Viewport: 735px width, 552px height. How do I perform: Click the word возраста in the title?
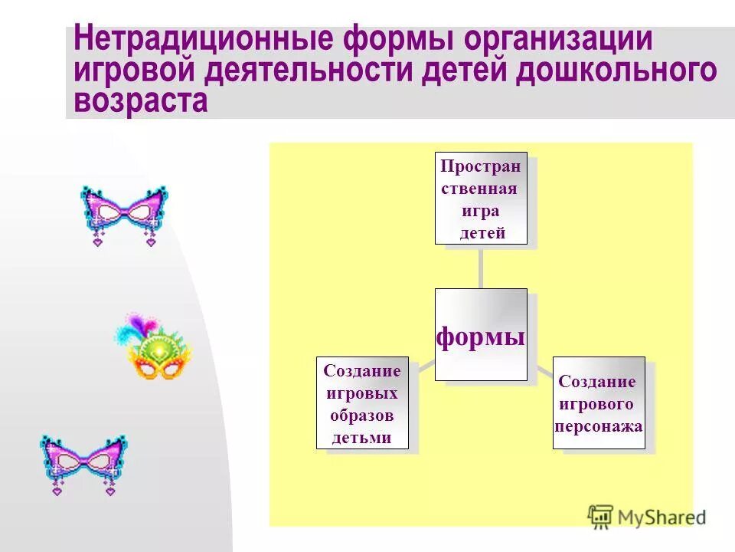[x=141, y=101]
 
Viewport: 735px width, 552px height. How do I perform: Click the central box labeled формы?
[x=481, y=335]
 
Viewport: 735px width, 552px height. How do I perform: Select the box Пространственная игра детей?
[x=481, y=199]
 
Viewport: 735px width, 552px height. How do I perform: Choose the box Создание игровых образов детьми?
[x=362, y=403]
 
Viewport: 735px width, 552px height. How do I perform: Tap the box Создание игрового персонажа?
[x=599, y=403]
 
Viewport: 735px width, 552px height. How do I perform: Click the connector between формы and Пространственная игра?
[x=481, y=266]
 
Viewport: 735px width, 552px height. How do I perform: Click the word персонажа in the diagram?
[x=599, y=424]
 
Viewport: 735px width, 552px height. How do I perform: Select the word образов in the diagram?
[x=362, y=416]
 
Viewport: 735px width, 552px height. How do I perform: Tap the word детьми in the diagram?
[x=362, y=438]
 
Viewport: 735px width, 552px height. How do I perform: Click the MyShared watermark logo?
[x=647, y=516]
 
